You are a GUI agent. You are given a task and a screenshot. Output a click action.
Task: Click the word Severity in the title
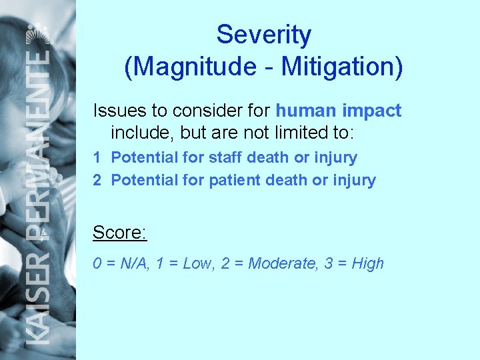point(263,35)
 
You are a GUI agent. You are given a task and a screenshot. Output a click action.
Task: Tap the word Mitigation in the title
point(339,67)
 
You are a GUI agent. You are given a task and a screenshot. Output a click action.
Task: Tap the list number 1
point(97,158)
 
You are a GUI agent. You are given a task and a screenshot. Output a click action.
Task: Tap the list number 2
point(97,180)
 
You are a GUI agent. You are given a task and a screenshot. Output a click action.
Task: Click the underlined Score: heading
point(119,233)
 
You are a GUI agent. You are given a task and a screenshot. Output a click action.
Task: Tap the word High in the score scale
point(368,263)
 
